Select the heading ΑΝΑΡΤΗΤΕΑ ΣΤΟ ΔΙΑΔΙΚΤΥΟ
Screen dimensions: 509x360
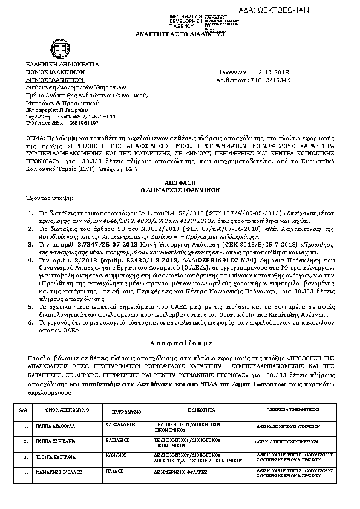pyautogui.click(x=179, y=36)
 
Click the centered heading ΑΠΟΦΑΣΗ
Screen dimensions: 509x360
pyautogui.click(x=179, y=181)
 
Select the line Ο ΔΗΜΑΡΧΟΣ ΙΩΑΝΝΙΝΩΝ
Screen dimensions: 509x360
pyautogui.click(x=179, y=189)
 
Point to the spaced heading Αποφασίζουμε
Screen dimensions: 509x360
pyautogui.click(x=179, y=342)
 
